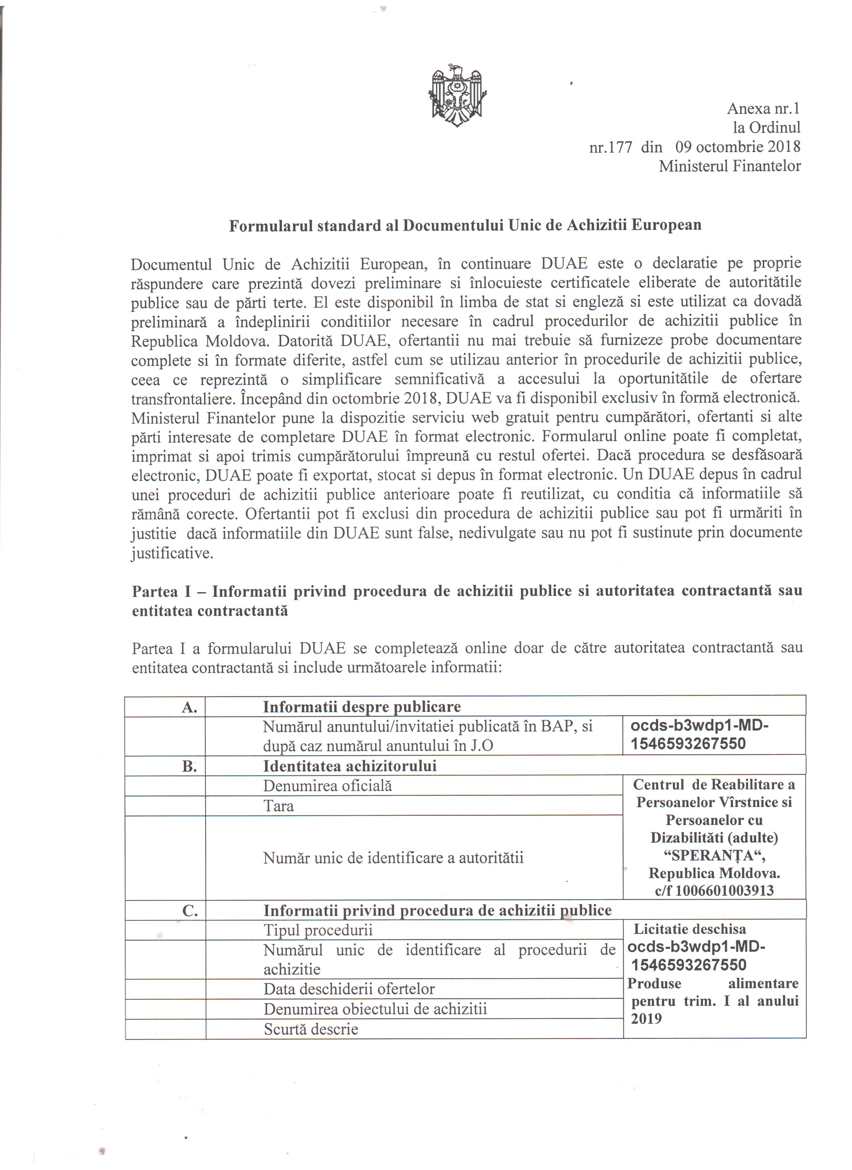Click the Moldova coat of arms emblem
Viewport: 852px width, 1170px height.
pyautogui.click(x=457, y=96)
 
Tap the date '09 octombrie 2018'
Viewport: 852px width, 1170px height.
pyautogui.click(x=737, y=147)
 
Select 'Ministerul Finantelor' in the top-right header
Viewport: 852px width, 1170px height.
pyautogui.click(x=729, y=166)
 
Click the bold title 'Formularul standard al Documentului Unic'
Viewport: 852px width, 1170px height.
pyautogui.click(x=465, y=226)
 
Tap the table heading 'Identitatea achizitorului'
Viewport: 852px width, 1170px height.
pyautogui.click(x=350, y=766)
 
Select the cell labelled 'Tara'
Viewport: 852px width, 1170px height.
pyautogui.click(x=279, y=806)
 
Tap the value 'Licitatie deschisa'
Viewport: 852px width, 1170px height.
pyautogui.click(x=690, y=929)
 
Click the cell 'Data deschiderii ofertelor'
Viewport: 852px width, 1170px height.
pyautogui.click(x=349, y=989)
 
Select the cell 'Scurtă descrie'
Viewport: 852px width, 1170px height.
pyautogui.click(x=311, y=1029)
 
